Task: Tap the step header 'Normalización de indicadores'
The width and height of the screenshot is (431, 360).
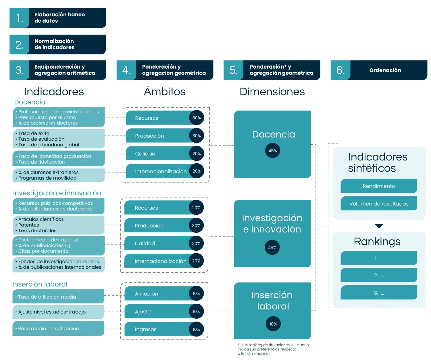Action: (57, 44)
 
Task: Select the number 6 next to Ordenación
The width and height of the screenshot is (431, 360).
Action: (340, 70)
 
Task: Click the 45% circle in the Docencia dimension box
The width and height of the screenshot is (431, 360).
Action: (272, 151)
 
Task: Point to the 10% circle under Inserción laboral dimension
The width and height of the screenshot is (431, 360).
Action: (273, 324)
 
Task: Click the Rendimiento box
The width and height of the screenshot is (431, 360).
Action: (379, 186)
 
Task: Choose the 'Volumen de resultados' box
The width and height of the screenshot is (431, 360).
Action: (379, 204)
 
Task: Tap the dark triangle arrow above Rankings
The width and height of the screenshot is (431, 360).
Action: (379, 226)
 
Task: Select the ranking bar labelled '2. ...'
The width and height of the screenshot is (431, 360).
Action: (379, 275)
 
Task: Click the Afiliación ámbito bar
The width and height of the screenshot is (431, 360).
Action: (164, 293)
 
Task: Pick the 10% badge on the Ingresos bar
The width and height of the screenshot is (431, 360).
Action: (196, 329)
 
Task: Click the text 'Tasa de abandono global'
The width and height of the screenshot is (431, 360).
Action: (49, 145)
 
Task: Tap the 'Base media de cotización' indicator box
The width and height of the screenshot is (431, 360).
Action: (58, 328)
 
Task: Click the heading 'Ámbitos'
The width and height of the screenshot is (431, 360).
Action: (165, 91)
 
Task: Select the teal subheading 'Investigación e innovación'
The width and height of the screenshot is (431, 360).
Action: (57, 193)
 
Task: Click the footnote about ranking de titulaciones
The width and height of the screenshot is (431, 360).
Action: (273, 349)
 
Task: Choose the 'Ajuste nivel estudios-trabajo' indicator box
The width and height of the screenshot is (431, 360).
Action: (58, 312)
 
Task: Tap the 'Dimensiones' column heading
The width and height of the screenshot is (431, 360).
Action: (272, 92)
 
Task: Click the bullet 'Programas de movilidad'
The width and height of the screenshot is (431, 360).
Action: (47, 178)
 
